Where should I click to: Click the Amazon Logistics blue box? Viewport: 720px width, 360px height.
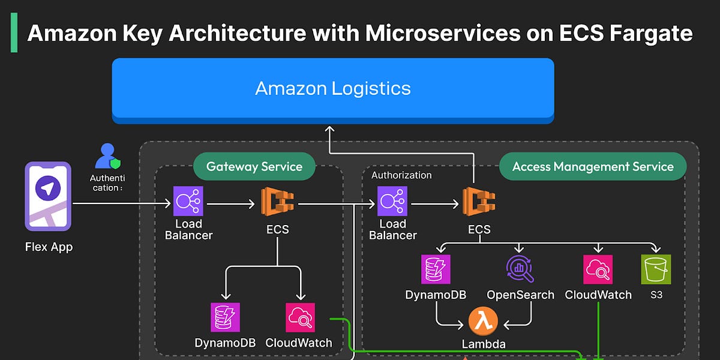point(333,91)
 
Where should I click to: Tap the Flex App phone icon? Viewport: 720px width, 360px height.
point(48,196)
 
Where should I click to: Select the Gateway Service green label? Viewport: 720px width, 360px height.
point(254,167)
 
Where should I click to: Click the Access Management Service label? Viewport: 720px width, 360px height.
point(593,167)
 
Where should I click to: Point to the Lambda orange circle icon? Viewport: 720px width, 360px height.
point(483,322)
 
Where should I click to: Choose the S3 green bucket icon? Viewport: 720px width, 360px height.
point(656,269)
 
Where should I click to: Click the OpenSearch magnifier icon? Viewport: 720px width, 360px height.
point(520,269)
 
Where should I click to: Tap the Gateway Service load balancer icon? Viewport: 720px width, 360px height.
point(188,201)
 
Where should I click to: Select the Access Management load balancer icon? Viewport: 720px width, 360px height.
point(392,201)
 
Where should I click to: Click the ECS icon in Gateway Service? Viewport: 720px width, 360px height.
point(277,202)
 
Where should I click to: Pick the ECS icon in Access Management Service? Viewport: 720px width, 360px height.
point(479,202)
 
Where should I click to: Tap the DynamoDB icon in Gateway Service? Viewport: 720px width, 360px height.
point(226,317)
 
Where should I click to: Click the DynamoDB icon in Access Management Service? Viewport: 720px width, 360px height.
point(436,269)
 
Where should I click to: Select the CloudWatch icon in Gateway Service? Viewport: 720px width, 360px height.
point(300,317)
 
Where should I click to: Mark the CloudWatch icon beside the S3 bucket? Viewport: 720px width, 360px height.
point(598,269)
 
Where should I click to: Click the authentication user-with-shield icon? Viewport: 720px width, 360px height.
point(107,156)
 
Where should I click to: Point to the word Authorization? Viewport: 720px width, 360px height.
point(401,175)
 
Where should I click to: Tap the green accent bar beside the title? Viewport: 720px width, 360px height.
point(14,32)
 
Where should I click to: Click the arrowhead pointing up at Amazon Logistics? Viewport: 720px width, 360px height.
point(329,129)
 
